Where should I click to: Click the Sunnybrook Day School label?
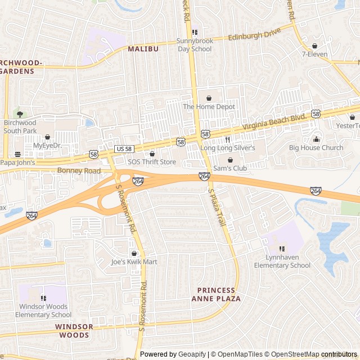point(194,45)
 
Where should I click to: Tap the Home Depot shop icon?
point(209,98)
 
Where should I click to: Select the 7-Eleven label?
point(314,55)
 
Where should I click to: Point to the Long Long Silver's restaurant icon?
point(228,139)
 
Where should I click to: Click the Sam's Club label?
point(230,168)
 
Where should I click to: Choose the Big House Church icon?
point(316,139)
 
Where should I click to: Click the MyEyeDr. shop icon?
point(47,137)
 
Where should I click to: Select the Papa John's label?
point(17,163)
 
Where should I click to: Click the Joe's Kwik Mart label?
point(134,262)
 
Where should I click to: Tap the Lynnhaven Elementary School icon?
point(282,249)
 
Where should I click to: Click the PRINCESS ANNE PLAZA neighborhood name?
point(219,294)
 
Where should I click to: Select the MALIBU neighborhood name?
point(143,49)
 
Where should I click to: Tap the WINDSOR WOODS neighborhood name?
point(73,331)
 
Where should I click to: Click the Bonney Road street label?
point(79,170)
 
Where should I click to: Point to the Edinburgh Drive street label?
point(254,35)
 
